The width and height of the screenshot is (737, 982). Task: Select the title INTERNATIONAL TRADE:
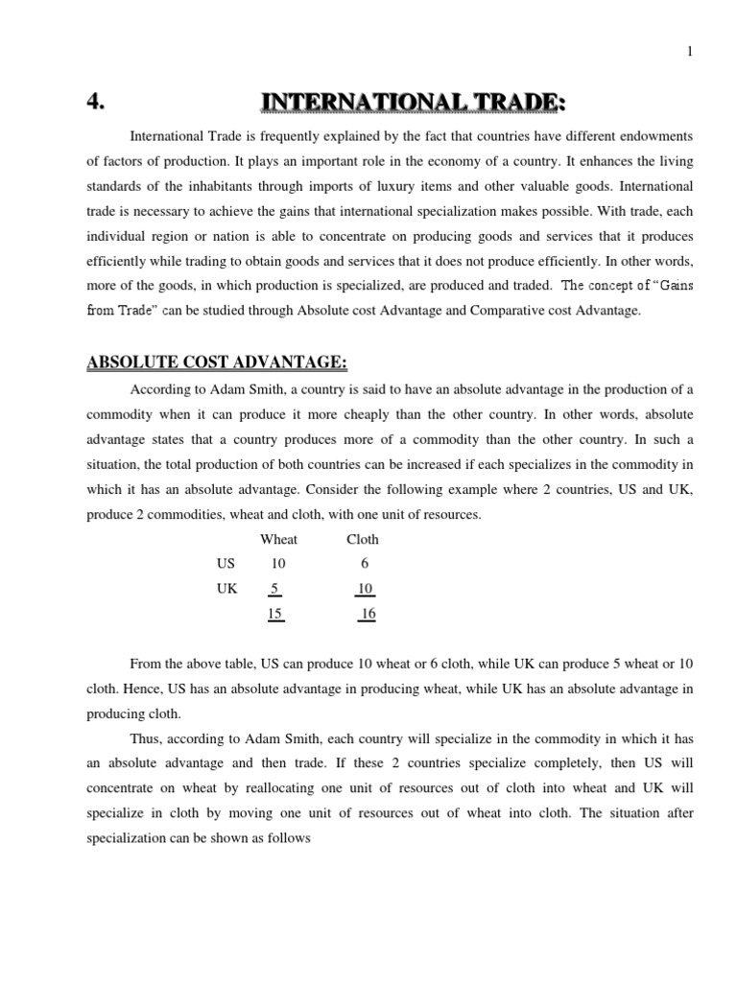407,101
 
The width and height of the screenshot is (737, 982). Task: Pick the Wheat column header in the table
279,539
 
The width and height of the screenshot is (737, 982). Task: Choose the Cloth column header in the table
363,539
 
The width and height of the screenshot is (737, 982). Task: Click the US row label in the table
226,564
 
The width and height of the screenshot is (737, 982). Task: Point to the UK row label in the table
226,589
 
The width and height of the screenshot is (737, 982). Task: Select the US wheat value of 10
278,564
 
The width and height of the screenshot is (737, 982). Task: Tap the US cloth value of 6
365,564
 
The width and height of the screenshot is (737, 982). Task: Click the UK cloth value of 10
365,589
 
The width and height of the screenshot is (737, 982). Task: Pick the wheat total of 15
276,614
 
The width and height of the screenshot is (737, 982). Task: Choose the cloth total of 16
368,614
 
